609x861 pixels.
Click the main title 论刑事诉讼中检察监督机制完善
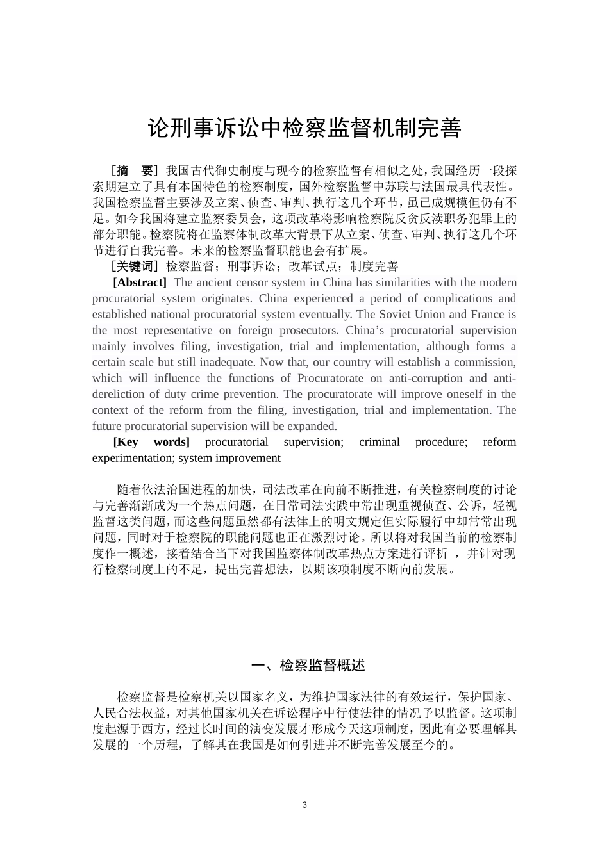[x=304, y=128]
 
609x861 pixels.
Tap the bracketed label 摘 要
[x=134, y=170]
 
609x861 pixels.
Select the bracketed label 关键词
[x=134, y=266]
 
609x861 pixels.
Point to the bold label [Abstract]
[x=140, y=283]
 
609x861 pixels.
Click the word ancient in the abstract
[x=216, y=283]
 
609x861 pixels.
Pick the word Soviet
[x=396, y=315]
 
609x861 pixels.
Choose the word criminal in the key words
[x=379, y=442]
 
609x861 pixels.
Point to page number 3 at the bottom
[x=304, y=805]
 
